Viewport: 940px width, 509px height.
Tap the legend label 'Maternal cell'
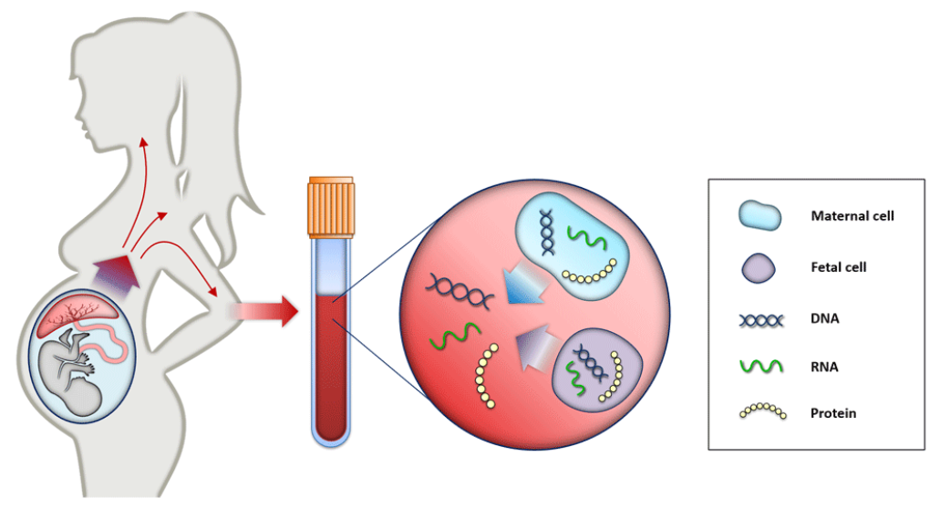pos(852,216)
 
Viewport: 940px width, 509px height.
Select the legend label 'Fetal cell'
pos(838,267)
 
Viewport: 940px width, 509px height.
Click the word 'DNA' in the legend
pos(823,319)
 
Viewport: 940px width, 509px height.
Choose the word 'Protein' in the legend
pos(833,413)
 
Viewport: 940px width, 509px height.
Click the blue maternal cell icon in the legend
pos(760,216)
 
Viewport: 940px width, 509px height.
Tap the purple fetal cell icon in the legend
pos(759,267)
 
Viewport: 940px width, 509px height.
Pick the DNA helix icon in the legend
pos(761,319)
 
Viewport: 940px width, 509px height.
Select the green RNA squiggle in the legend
pos(761,367)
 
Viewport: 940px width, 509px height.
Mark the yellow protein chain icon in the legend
pos(761,412)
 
